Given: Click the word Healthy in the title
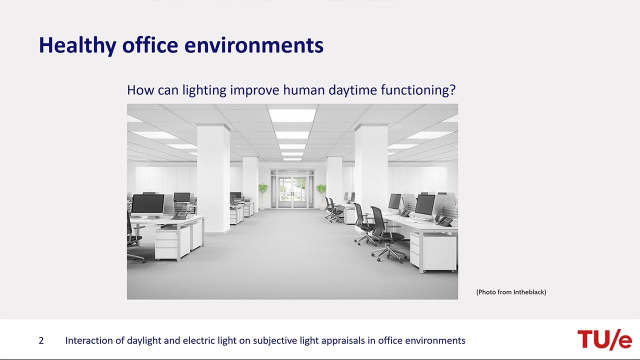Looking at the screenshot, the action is (77, 45).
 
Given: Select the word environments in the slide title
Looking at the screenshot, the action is (254, 45).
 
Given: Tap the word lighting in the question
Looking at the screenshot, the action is (204, 90).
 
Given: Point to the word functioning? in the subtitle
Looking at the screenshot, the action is (418, 90).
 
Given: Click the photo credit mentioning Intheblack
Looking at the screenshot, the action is (511, 292).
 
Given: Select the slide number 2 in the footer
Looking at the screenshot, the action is (41, 340).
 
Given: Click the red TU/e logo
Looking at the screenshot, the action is (604, 339).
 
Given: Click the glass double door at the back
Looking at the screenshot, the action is (292, 192).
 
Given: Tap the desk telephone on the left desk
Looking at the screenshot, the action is (179, 215).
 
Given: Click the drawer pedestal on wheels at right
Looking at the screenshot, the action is (433, 252).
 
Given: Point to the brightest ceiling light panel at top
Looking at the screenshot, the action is (292, 115).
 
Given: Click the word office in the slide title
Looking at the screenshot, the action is (150, 45).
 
